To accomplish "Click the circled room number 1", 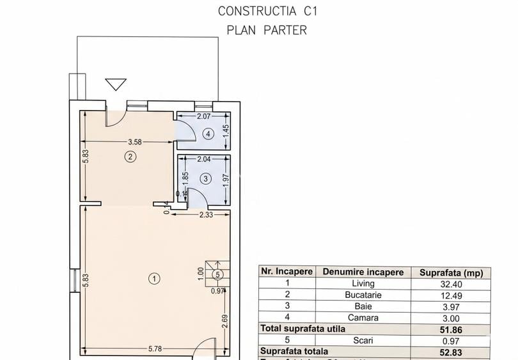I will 153,278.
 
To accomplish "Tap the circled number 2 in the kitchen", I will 130,156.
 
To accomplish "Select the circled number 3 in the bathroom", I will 205,179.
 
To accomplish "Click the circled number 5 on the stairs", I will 218,275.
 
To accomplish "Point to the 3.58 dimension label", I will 134,142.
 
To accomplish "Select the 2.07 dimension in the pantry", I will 203,116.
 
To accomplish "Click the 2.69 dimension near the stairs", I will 224,320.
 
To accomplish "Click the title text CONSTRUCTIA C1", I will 267,11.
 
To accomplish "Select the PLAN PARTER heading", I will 267,30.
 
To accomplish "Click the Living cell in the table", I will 363,283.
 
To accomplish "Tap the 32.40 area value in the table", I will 451,283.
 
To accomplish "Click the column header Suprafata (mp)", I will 451,272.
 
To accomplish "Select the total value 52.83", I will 451,352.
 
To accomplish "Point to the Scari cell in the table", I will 363,340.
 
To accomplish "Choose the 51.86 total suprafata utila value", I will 451,329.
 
